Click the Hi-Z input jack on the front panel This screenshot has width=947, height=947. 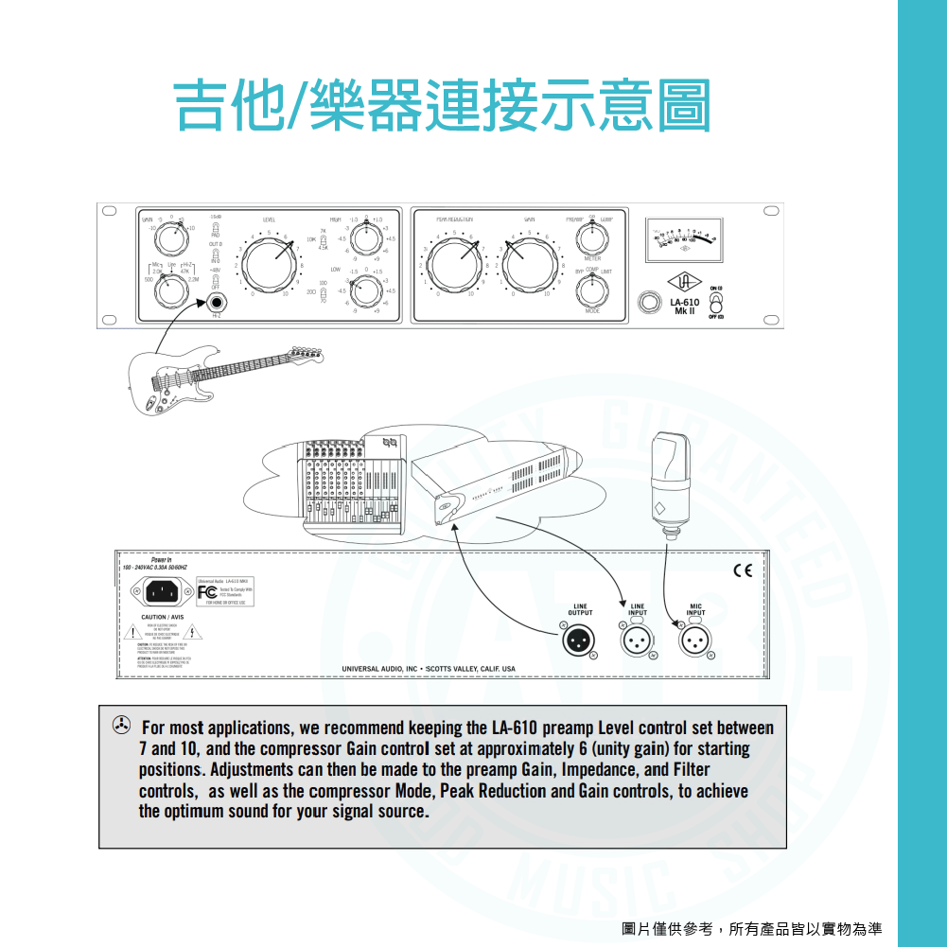(218, 305)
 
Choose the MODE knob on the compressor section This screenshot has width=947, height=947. (591, 290)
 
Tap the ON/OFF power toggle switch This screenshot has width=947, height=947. (715, 302)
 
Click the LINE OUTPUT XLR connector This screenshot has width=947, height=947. (580, 640)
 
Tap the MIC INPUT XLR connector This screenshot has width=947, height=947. (695, 640)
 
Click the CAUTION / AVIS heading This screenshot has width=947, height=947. (155, 617)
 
